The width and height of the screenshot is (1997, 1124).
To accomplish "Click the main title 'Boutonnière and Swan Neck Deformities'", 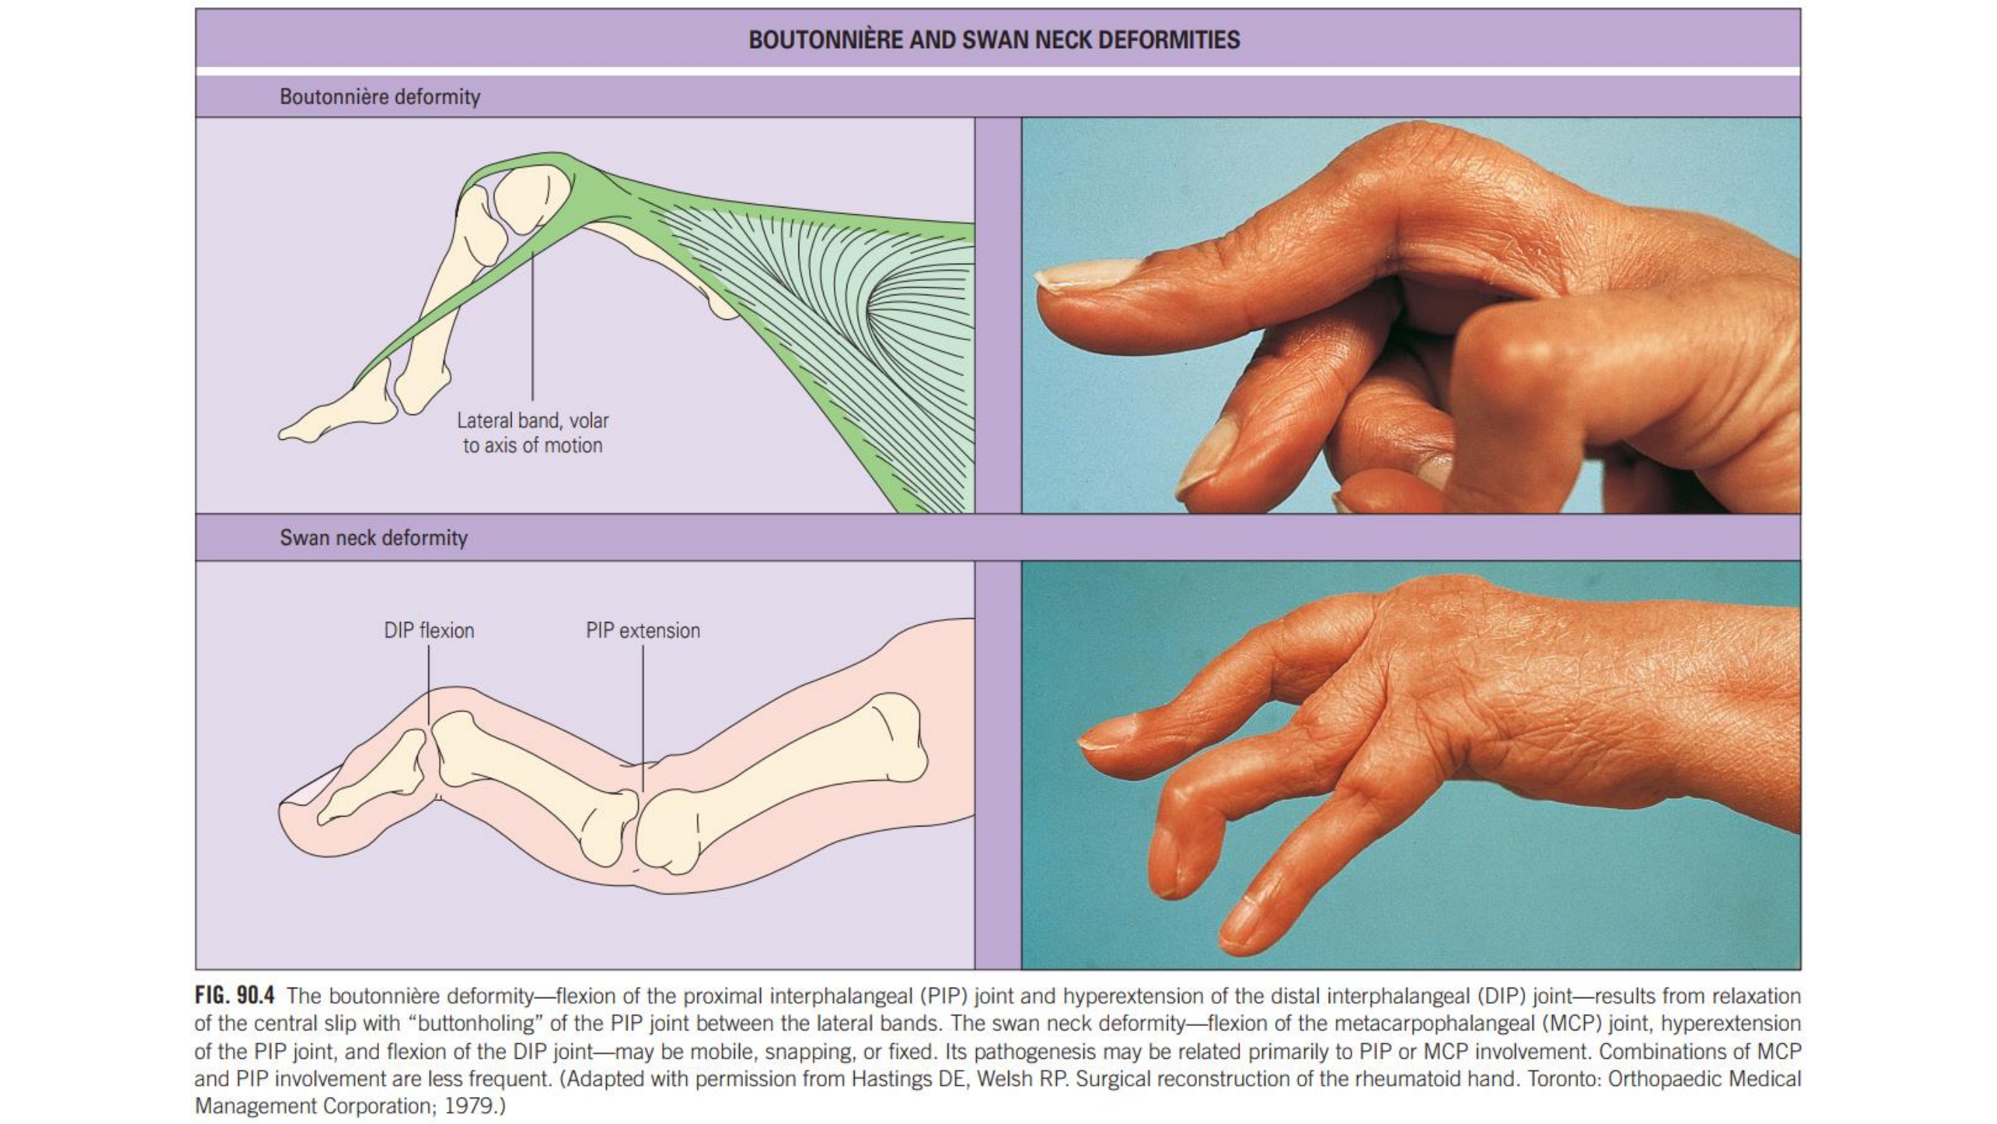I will (x=994, y=40).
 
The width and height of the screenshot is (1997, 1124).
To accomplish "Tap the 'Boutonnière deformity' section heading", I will (x=380, y=97).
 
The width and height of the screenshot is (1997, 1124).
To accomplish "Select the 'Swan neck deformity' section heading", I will (x=374, y=537).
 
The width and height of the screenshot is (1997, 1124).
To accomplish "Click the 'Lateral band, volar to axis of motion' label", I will (x=533, y=433).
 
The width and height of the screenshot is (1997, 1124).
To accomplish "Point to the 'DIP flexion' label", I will (x=428, y=631).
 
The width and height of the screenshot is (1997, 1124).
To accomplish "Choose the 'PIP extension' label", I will (x=643, y=631).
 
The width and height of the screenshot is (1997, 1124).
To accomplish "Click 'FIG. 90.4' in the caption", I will (x=234, y=995).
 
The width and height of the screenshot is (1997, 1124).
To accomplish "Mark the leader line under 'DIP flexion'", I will (x=428, y=683).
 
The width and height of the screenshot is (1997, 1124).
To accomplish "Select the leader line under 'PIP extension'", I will (x=643, y=713).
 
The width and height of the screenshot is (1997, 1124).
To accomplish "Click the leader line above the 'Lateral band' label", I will (x=533, y=326).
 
